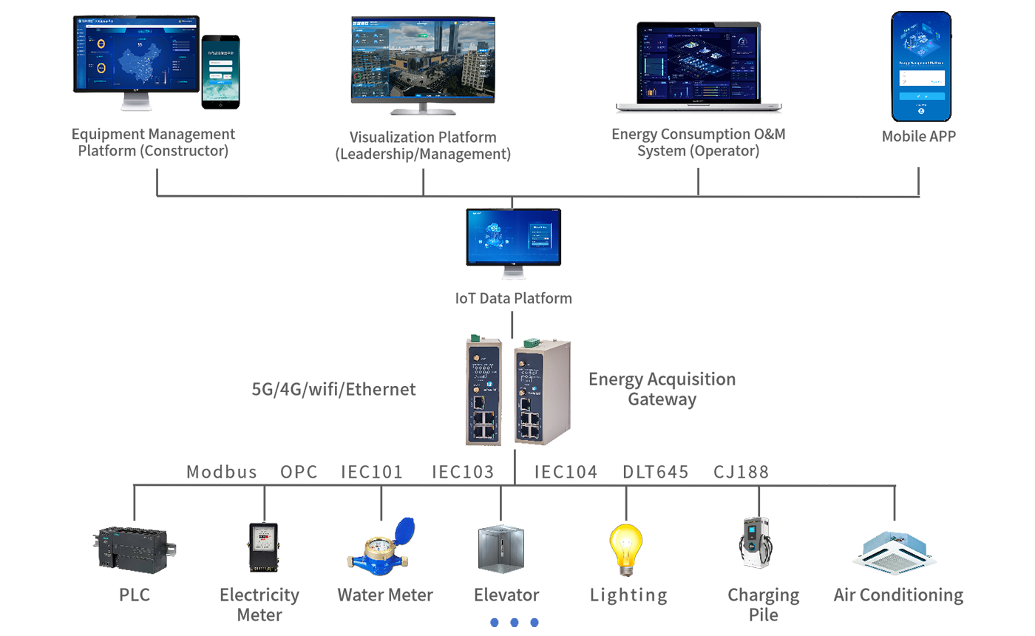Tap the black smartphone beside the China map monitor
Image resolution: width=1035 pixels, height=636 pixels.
coord(221,76)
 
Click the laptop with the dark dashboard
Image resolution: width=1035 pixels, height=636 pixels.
coord(697,65)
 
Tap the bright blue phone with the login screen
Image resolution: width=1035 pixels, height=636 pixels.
coord(920,67)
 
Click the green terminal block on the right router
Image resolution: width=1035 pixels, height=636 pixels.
coord(529,342)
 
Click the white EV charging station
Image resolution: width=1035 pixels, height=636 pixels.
coord(754,538)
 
